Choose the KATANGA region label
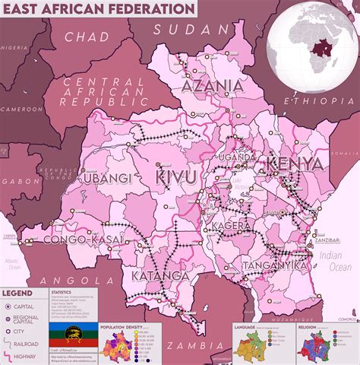coord(159,274)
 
